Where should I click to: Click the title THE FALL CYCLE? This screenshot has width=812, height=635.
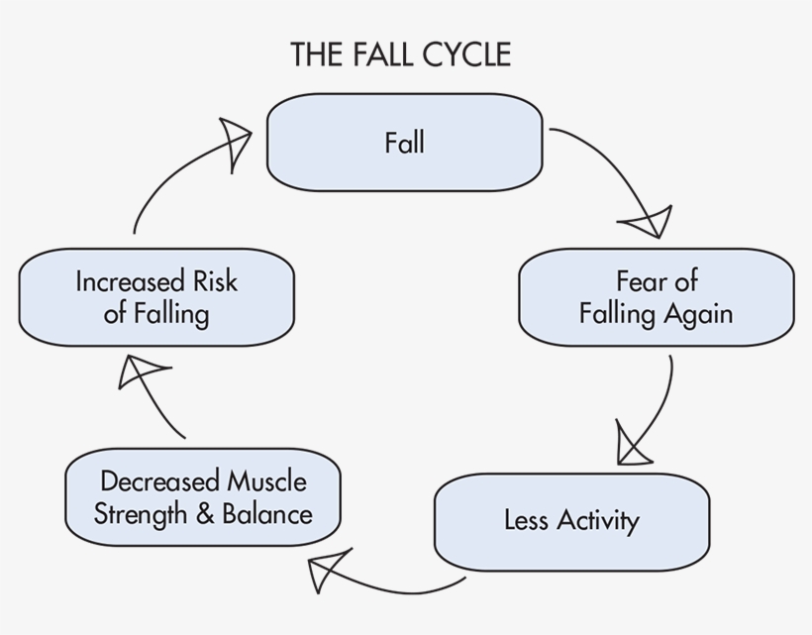(400, 54)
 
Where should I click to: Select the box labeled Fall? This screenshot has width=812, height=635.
(404, 143)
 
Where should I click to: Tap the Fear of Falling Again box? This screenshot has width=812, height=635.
(656, 297)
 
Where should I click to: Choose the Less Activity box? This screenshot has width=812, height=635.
(571, 521)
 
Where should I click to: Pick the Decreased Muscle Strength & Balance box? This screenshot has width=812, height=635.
(203, 497)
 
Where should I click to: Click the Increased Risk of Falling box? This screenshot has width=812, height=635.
(156, 297)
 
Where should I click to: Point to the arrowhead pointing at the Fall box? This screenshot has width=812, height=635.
(237, 140)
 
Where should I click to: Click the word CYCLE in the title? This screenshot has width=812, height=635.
(464, 54)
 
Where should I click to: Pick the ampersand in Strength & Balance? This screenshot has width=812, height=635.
(205, 514)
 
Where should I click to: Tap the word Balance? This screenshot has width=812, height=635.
(267, 514)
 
